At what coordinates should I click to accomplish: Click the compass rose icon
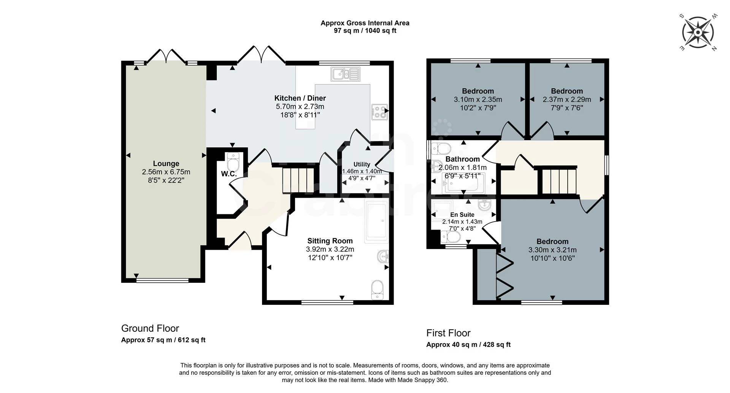coord(698,32)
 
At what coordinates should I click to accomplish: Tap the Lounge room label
coord(166,164)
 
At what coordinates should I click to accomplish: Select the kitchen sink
coord(345,74)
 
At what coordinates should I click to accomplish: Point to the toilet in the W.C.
coord(233,163)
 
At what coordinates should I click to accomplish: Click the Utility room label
coord(362,164)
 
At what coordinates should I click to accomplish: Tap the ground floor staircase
coord(298,180)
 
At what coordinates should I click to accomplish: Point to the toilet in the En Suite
coord(451,237)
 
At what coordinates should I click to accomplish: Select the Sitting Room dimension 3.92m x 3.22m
coord(330,249)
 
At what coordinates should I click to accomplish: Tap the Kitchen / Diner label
coord(300,98)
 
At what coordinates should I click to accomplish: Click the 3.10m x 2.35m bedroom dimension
coord(478,100)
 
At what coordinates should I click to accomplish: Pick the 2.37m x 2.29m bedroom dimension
coord(567,100)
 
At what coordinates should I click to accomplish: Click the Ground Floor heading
coord(150,328)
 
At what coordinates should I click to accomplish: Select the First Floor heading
coord(449,333)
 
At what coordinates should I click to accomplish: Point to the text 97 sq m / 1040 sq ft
coord(365,31)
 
